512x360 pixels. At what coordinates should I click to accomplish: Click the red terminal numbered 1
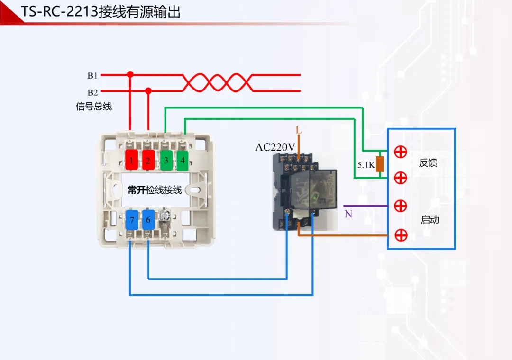pos(131,160)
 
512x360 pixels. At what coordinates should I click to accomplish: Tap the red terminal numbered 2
pos(148,160)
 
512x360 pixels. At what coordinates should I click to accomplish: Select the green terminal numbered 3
pos(166,160)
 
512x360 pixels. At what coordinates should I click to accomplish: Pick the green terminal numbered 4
pos(183,160)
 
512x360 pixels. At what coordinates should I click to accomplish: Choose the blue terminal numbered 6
pos(148,220)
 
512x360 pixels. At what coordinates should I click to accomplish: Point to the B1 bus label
pos(92,75)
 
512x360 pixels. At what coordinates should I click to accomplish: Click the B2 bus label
pos(92,92)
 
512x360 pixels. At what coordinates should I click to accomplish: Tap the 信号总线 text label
pos(94,106)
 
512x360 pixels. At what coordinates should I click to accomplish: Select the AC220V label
pos(275,147)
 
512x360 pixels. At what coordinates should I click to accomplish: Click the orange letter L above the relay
pos(299,130)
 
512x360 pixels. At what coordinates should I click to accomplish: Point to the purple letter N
pos(348,214)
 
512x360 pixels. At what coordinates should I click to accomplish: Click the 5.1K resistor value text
pos(366,165)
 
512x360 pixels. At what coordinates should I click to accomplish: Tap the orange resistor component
pos(379,164)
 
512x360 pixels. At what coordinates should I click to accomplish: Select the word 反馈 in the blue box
pos(428,163)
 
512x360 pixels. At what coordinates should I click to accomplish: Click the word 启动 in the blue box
pos(430,220)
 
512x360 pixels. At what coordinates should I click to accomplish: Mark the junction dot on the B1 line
pos(130,74)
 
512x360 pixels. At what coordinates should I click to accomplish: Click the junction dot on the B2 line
pos(148,90)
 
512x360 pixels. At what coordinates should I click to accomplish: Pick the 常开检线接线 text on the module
pos(155,190)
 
